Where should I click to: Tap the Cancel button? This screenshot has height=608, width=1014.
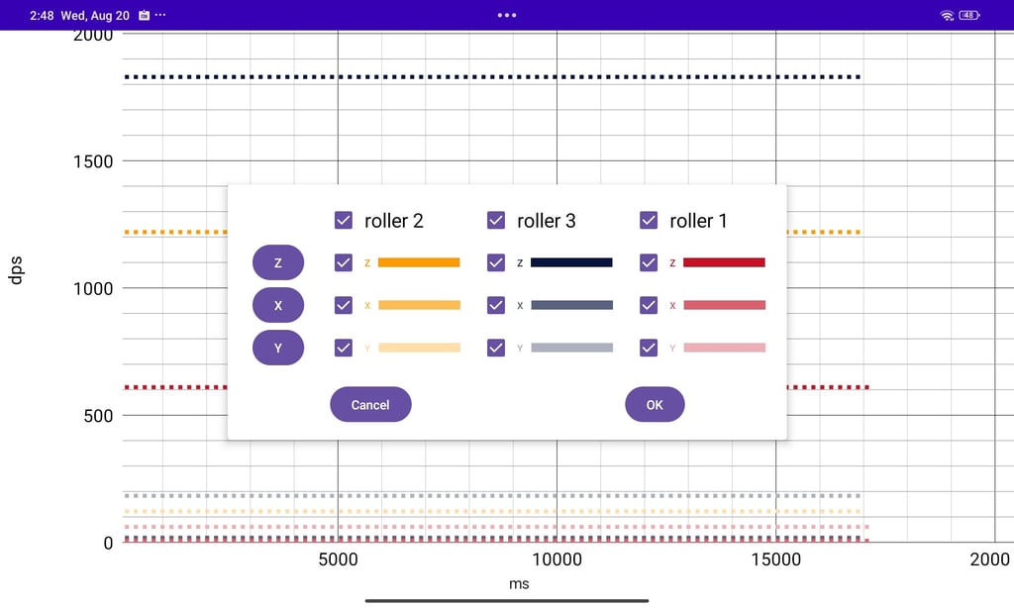(x=370, y=404)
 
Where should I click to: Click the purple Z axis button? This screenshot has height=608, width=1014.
(x=278, y=262)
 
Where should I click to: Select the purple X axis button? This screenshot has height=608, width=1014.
(x=278, y=305)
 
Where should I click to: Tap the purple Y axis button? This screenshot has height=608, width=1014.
(x=278, y=348)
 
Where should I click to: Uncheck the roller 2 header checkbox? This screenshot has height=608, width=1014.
(x=344, y=220)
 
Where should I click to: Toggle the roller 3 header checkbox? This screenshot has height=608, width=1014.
(x=496, y=220)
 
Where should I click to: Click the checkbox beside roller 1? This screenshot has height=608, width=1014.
(x=649, y=220)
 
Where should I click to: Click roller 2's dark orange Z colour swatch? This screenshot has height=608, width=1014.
(x=419, y=262)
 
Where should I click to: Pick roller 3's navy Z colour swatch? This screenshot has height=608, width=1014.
(x=571, y=262)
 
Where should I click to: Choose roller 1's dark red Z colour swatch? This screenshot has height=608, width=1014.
(x=724, y=262)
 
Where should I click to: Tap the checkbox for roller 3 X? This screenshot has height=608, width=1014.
(x=496, y=305)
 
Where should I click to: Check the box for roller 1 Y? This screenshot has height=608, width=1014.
(x=649, y=348)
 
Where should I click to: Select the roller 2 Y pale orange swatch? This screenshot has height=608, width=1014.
(x=419, y=348)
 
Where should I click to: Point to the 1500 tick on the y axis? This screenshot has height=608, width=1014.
(x=93, y=161)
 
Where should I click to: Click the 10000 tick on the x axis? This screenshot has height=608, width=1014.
(x=557, y=559)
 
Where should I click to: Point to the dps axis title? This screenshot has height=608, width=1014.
(x=15, y=270)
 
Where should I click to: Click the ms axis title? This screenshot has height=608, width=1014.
(x=519, y=583)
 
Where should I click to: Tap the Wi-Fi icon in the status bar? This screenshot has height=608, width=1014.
(x=947, y=15)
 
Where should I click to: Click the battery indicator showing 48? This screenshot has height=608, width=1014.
(x=968, y=15)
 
